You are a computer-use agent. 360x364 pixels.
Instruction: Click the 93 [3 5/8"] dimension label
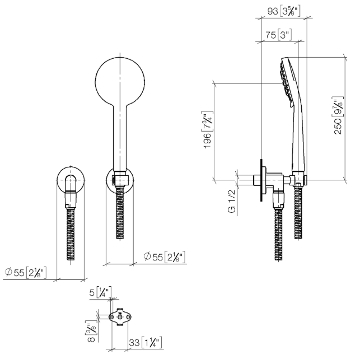coord(284,11)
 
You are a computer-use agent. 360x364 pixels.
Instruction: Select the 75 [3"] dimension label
coord(278,35)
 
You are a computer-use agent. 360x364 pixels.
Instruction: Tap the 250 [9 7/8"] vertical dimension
coord(338,115)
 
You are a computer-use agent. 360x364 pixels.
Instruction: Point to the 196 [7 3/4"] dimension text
coord(208,130)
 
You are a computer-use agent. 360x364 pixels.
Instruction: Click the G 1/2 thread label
coord(232,201)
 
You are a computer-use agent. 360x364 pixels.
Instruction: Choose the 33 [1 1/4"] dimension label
coord(145,342)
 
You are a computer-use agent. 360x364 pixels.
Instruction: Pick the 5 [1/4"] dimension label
coord(101,292)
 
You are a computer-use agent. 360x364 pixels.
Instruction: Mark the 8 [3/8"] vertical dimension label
coord(91,332)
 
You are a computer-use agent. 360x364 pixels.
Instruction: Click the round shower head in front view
coord(120,80)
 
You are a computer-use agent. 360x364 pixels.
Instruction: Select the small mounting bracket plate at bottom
coord(120,317)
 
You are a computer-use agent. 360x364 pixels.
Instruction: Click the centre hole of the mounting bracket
coord(120,317)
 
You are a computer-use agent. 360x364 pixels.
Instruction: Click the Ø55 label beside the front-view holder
coord(164,257)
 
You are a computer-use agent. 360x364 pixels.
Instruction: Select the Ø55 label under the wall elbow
coord(26,273)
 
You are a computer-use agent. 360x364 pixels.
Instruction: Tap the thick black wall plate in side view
coord(261,180)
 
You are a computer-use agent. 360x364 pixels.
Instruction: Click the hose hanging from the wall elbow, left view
coord(71,234)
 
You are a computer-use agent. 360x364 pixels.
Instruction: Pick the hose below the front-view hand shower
coord(120,212)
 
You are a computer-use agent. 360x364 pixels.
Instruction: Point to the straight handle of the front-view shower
coord(120,137)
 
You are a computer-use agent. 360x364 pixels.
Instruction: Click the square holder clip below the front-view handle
coord(120,180)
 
